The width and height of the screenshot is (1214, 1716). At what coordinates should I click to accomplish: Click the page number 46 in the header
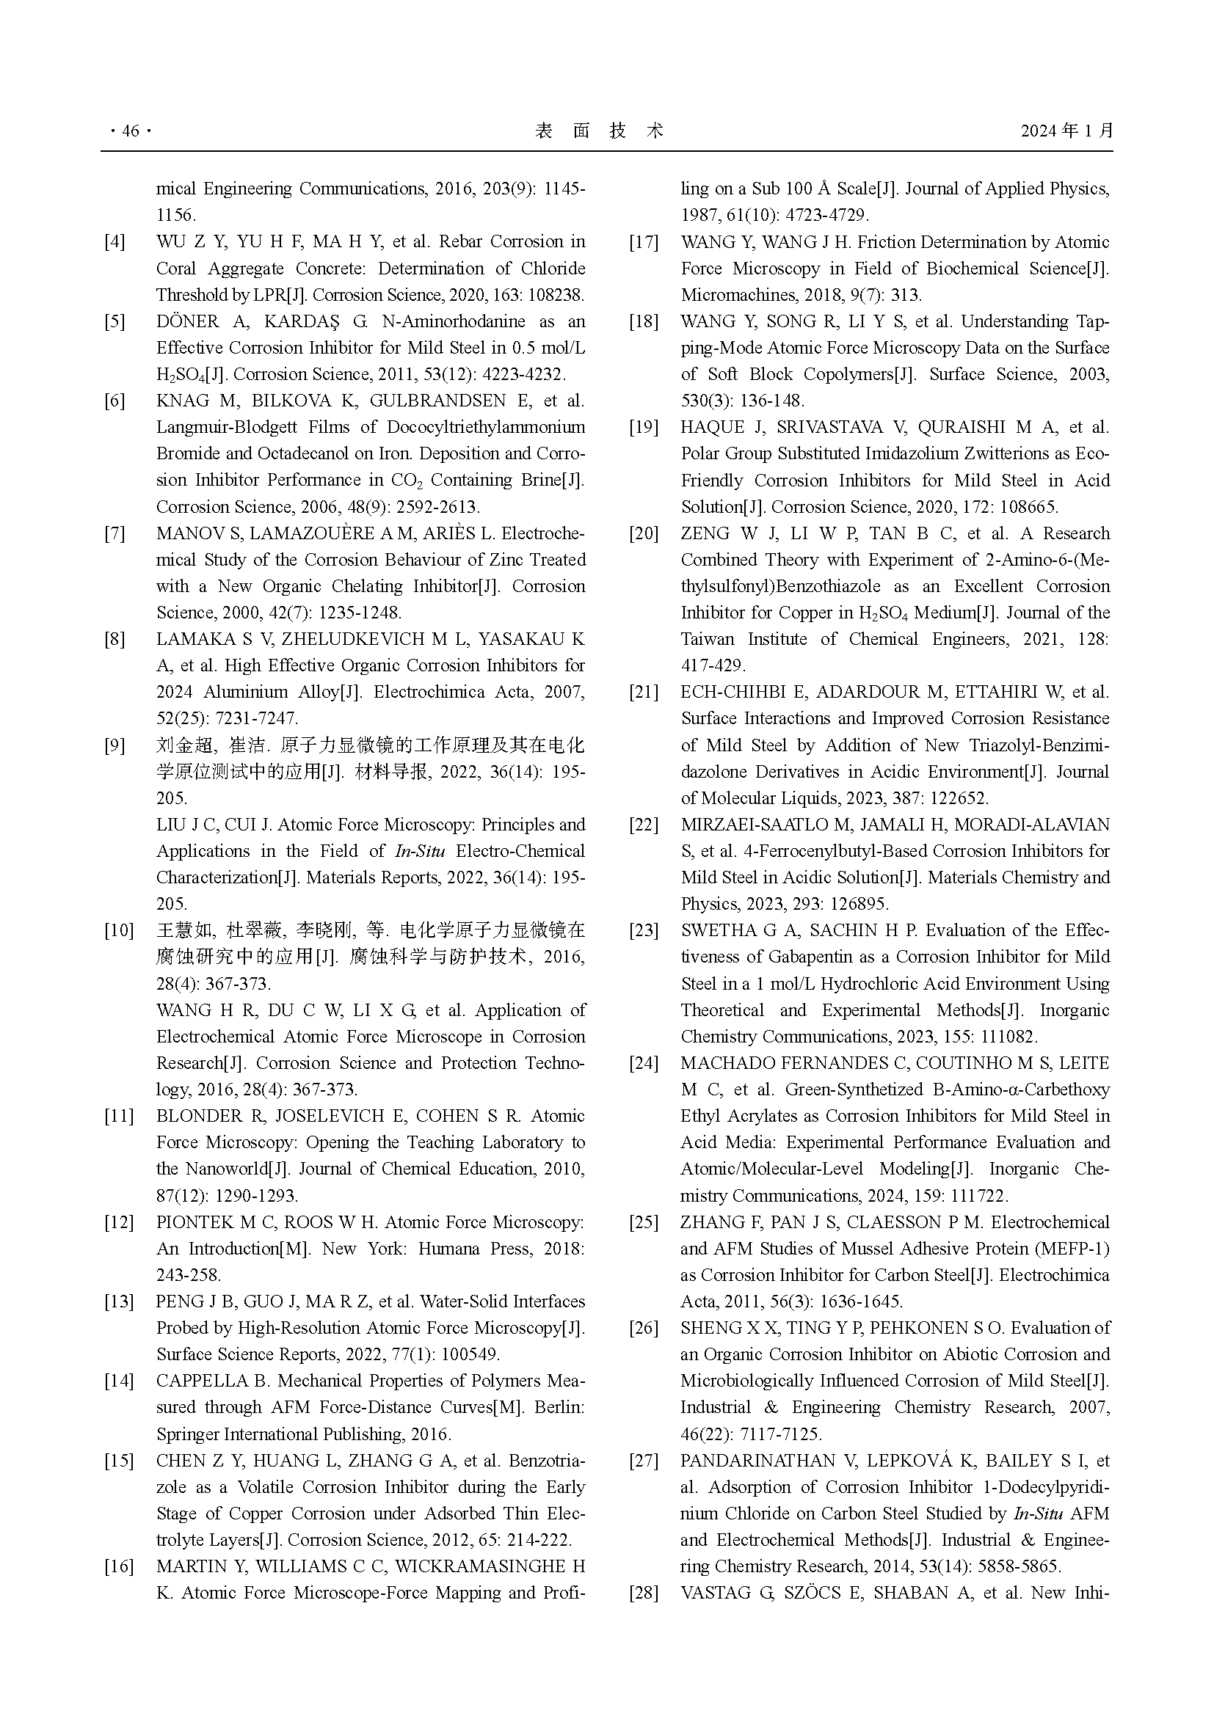point(130,131)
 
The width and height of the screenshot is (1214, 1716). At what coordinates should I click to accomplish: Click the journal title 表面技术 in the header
point(600,131)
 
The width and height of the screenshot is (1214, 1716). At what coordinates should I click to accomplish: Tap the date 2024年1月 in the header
point(1066,131)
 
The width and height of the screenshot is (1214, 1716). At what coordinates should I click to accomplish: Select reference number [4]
point(115,242)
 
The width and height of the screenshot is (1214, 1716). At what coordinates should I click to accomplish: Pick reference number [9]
point(115,745)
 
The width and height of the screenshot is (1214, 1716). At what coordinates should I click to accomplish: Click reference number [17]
point(643,242)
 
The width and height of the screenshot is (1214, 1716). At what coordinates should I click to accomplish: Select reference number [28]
point(643,1593)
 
